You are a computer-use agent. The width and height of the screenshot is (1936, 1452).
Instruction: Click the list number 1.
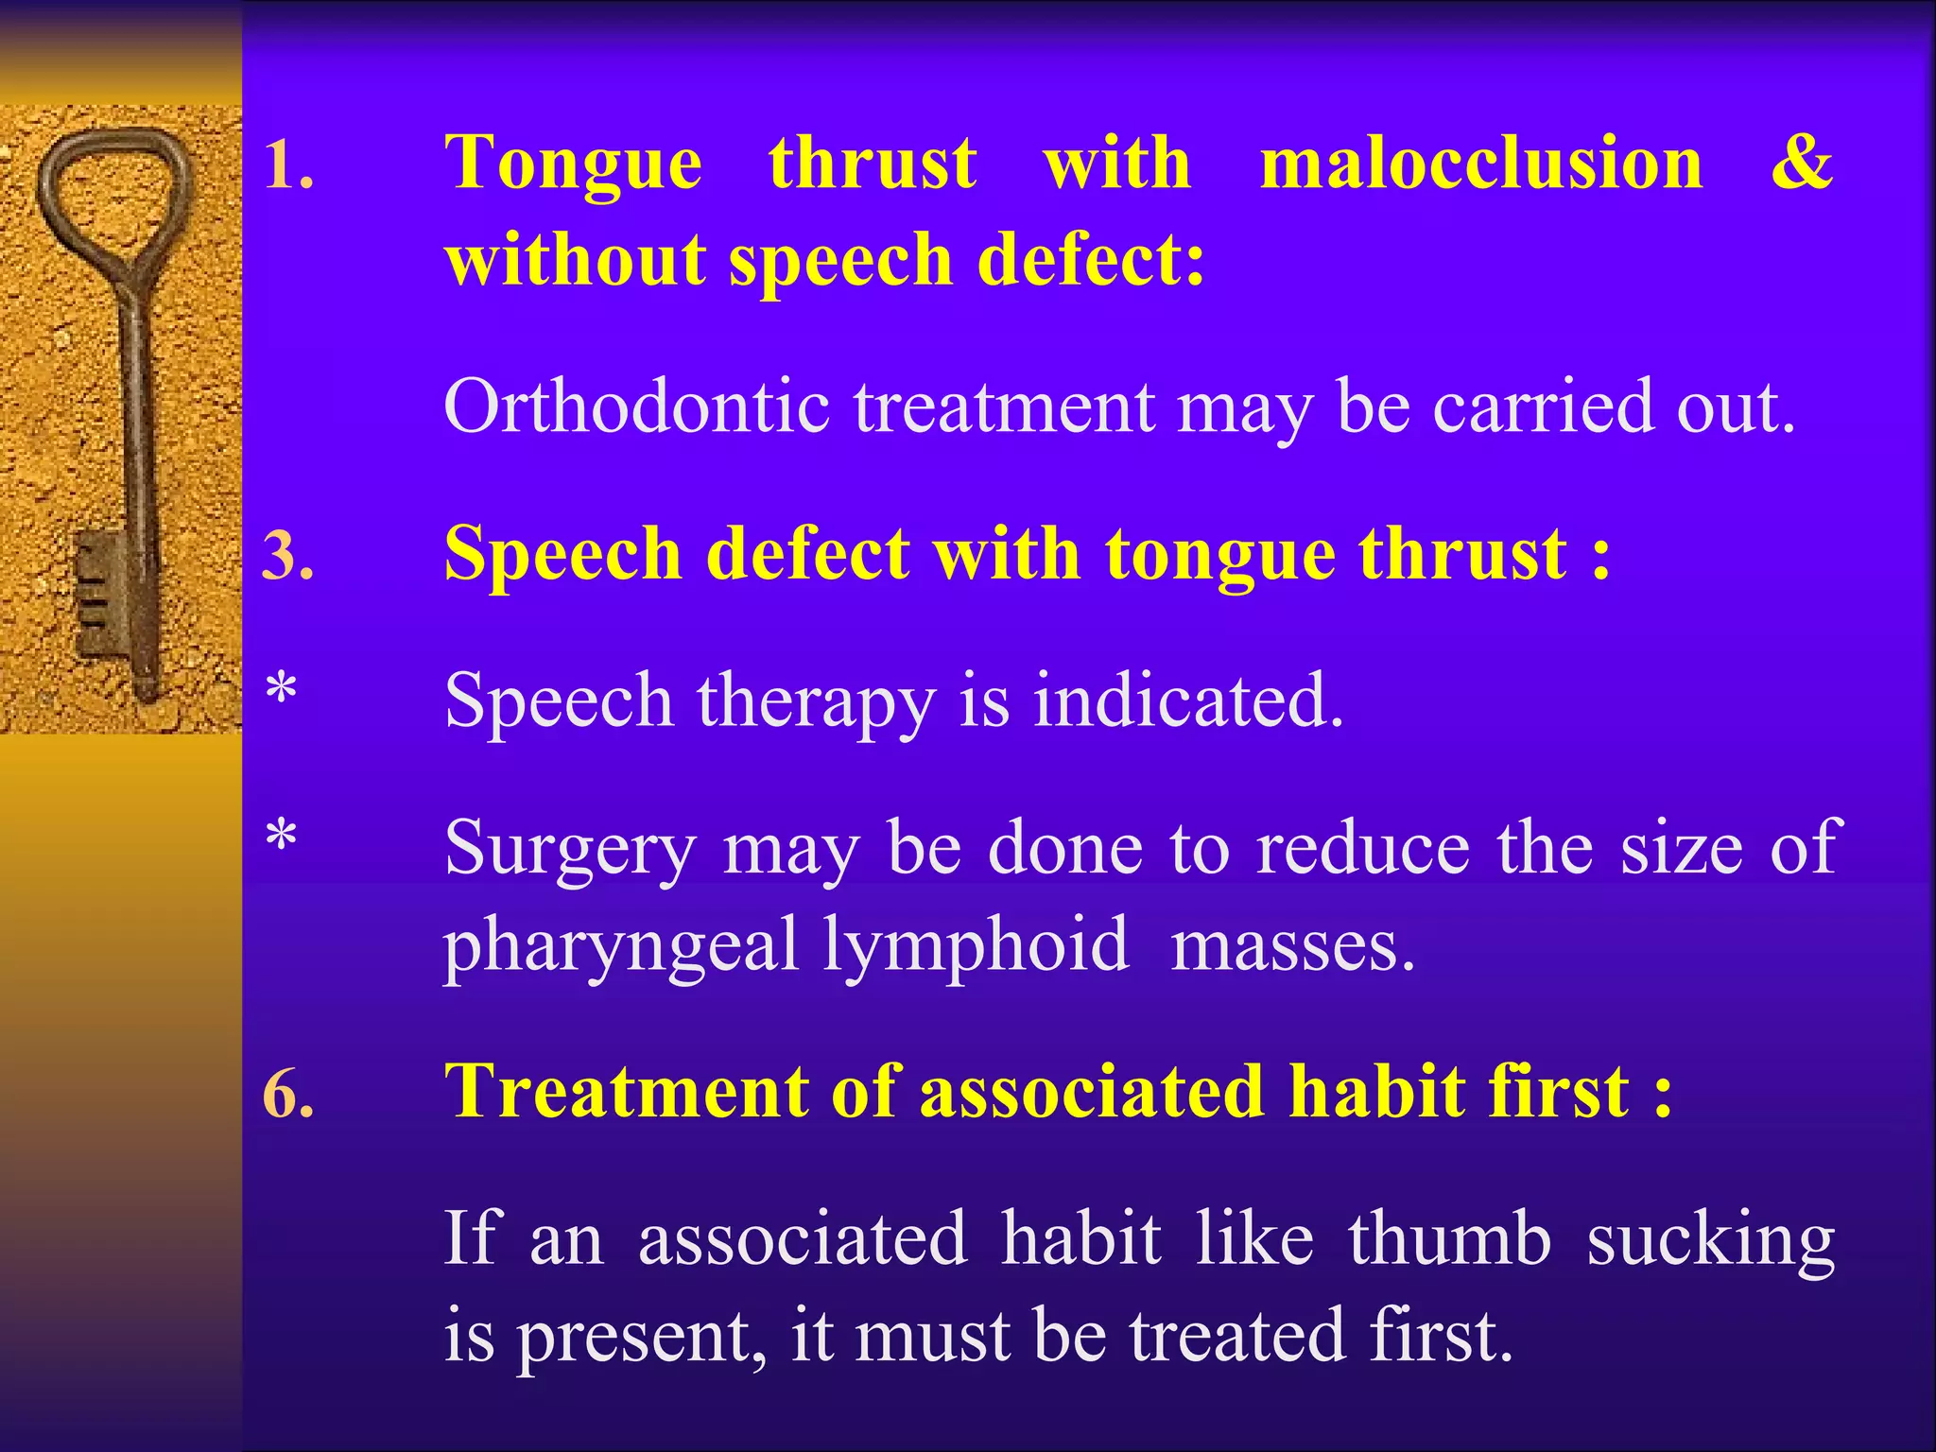click(287, 166)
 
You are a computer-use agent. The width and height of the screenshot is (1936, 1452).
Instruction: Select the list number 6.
click(287, 1097)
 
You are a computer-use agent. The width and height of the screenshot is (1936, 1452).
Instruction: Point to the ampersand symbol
click(1802, 163)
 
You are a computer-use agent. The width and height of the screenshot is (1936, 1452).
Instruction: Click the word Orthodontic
click(636, 406)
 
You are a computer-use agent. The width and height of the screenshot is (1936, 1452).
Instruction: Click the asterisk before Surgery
click(282, 838)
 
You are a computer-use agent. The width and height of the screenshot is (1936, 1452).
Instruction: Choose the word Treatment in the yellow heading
click(626, 1093)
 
